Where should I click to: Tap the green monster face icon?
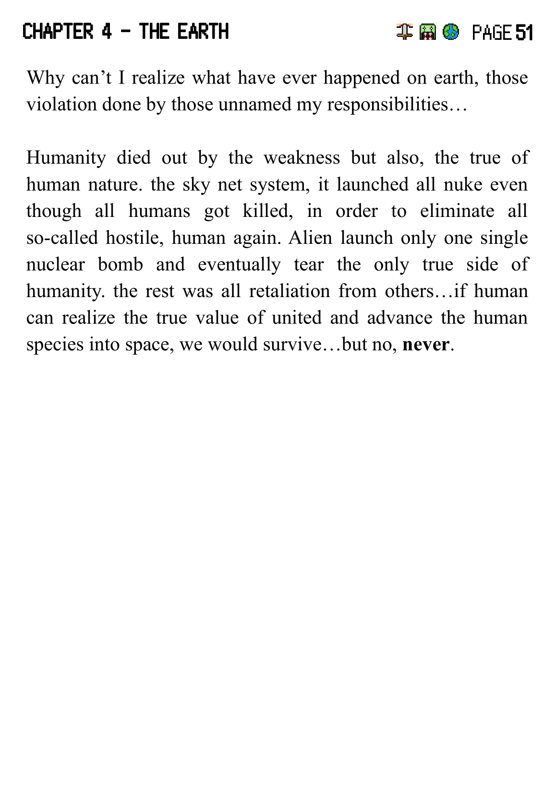427,32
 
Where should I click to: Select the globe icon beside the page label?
450,32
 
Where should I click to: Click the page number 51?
524,33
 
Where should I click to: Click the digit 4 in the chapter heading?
107,32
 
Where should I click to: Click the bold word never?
426,344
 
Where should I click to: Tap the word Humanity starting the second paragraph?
66,157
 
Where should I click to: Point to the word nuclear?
55,264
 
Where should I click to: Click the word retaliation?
289,291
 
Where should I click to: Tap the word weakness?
301,157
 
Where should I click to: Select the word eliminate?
457,211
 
